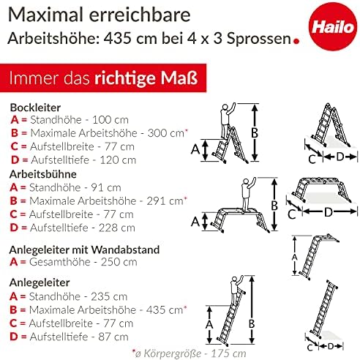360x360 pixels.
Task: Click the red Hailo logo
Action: point(332,26)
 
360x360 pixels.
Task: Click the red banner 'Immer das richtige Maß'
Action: point(103,78)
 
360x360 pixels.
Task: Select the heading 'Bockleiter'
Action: point(35,108)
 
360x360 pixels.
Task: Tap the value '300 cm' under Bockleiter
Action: point(166,133)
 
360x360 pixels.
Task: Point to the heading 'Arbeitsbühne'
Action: point(43,174)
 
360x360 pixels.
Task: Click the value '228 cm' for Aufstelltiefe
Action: point(117,228)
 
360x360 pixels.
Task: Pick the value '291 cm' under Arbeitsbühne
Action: point(165,201)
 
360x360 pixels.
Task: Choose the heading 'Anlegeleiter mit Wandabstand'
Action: point(84,250)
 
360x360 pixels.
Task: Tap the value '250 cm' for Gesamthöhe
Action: point(119,262)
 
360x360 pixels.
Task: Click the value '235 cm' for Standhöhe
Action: point(109,296)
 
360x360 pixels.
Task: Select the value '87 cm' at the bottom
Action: point(113,337)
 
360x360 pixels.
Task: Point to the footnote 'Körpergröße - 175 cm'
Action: point(195,353)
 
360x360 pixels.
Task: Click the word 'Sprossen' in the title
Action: point(259,38)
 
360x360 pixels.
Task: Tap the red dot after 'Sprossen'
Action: point(296,41)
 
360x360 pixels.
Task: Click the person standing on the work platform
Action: point(248,195)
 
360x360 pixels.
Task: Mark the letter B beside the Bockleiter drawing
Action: point(255,133)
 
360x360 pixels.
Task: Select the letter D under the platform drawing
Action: point(329,212)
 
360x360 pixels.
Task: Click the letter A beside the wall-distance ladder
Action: point(295,257)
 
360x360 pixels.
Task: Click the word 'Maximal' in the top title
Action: point(45,15)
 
